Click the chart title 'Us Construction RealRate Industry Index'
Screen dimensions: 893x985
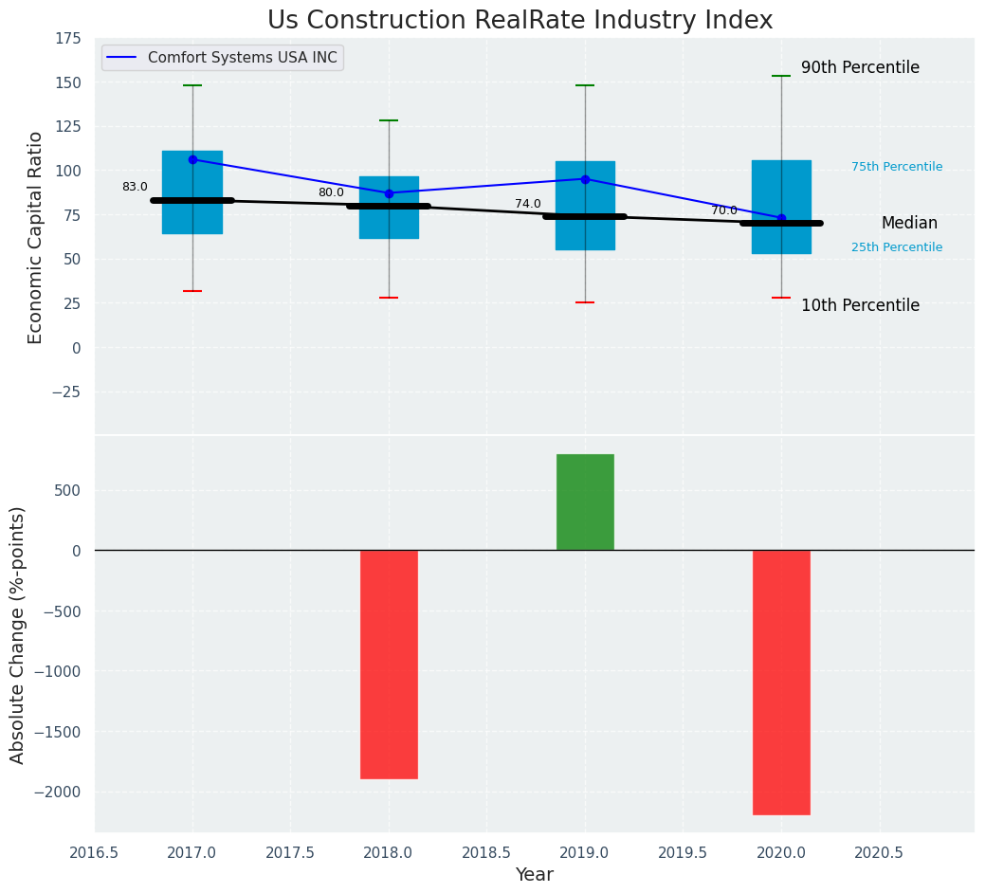click(520, 21)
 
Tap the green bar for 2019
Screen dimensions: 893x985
click(585, 501)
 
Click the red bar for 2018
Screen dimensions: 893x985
click(389, 664)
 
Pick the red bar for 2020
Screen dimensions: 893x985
click(781, 682)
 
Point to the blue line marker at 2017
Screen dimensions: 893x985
click(192, 159)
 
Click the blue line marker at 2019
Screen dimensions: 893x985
click(585, 179)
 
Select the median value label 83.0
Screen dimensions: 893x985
click(135, 187)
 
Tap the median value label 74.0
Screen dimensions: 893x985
click(527, 204)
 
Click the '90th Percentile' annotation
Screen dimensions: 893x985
click(860, 68)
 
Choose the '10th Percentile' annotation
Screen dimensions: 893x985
click(860, 305)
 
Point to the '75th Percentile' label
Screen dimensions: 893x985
click(896, 167)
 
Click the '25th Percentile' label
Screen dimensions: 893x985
click(896, 247)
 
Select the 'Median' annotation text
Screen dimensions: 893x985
click(909, 224)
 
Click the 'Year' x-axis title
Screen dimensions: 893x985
click(534, 875)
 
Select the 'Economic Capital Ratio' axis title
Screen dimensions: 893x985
click(36, 237)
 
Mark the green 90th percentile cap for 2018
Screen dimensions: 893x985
click(389, 120)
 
